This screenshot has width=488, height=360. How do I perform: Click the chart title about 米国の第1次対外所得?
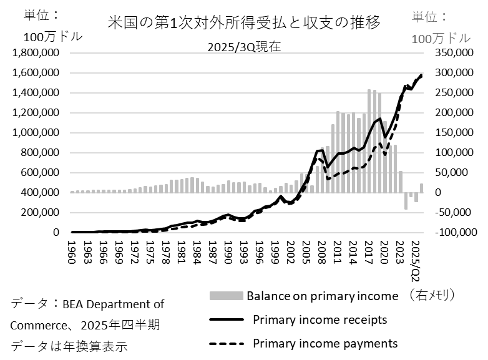[x=244, y=22]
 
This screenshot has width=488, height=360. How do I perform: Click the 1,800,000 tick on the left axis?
[x=35, y=53]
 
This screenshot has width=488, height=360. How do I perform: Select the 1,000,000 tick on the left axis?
[x=35, y=133]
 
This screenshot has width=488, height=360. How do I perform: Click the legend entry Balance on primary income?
[x=321, y=295]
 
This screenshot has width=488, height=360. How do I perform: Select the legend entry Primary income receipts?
[x=320, y=320]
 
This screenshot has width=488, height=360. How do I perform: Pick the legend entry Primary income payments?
[x=325, y=344]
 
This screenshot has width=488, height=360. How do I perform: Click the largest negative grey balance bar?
[x=406, y=201]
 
